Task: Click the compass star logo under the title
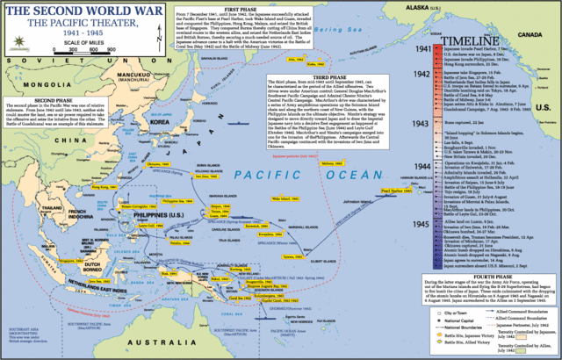15,46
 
